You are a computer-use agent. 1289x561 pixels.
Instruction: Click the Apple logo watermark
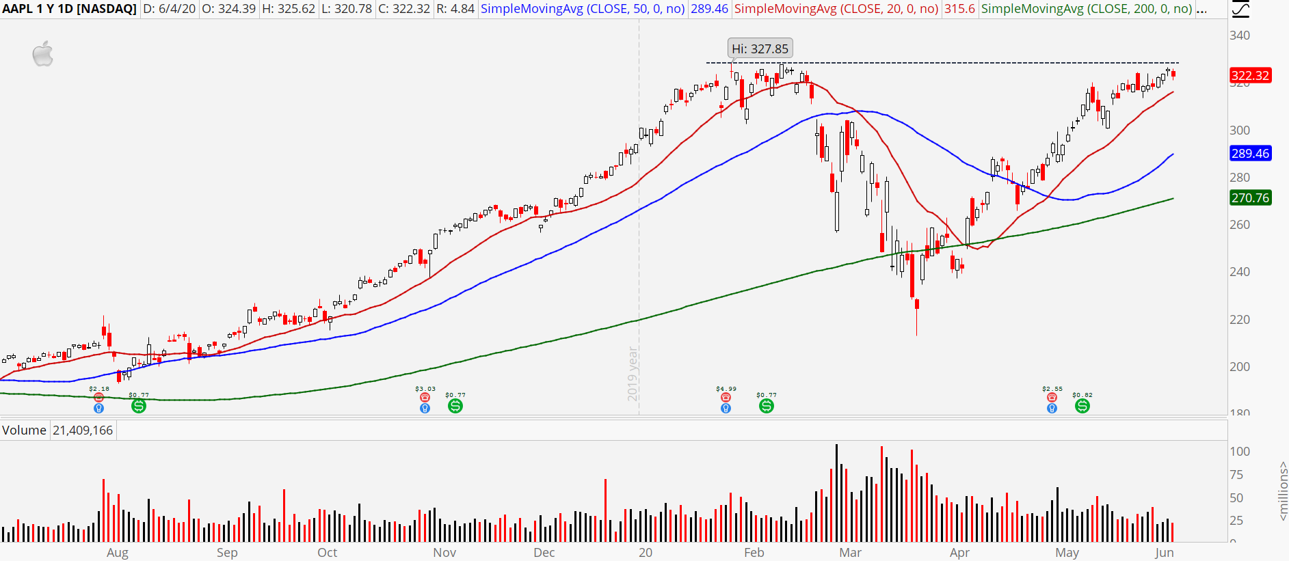pos(43,54)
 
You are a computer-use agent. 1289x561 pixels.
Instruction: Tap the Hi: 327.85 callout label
pos(760,49)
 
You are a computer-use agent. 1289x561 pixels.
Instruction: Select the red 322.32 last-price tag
pos(1250,75)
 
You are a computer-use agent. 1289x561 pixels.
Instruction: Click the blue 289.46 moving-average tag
pos(1250,153)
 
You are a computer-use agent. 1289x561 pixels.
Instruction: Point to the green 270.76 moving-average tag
pos(1250,197)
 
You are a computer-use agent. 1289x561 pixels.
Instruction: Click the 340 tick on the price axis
pos(1240,36)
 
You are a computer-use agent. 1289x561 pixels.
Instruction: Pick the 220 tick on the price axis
pos(1240,319)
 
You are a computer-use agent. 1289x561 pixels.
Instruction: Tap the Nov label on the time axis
pos(444,552)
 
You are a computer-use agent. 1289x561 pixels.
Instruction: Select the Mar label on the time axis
pos(850,552)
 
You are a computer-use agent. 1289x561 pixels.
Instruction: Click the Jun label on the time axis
pos(1164,552)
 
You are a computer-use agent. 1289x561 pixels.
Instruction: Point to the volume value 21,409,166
pos(83,430)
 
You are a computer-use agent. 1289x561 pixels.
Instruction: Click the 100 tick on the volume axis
pos(1240,451)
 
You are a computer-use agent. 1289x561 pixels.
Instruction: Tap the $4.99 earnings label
pos(726,389)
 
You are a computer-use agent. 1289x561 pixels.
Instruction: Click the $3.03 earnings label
pos(425,389)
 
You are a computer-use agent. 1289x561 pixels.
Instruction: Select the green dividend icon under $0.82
pos(1082,406)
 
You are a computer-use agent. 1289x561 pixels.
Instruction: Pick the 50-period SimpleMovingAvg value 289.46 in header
pos(709,9)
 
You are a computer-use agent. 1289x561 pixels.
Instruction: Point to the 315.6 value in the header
pos(959,9)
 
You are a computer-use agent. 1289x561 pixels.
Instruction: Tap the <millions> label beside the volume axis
pos(1282,491)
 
